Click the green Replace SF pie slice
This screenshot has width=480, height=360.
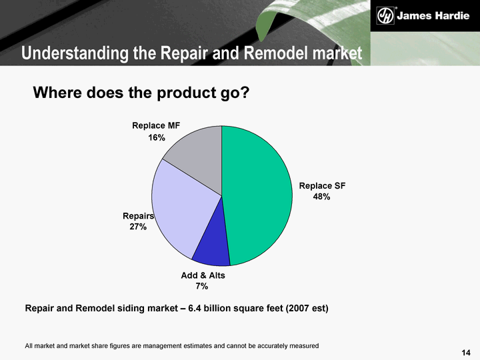coord(257,196)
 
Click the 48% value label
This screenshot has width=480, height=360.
coord(321,197)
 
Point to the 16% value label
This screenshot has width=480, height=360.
coord(157,138)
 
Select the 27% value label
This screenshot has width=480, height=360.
coord(138,227)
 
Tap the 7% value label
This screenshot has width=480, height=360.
coord(202,286)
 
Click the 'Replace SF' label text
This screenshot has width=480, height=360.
coord(322,186)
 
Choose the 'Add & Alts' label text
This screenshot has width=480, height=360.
coord(203,275)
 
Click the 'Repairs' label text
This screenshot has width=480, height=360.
coord(139,216)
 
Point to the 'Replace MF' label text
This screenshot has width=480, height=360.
coord(156,126)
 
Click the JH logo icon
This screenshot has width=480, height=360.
coord(385,15)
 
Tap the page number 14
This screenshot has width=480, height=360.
coord(466,353)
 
